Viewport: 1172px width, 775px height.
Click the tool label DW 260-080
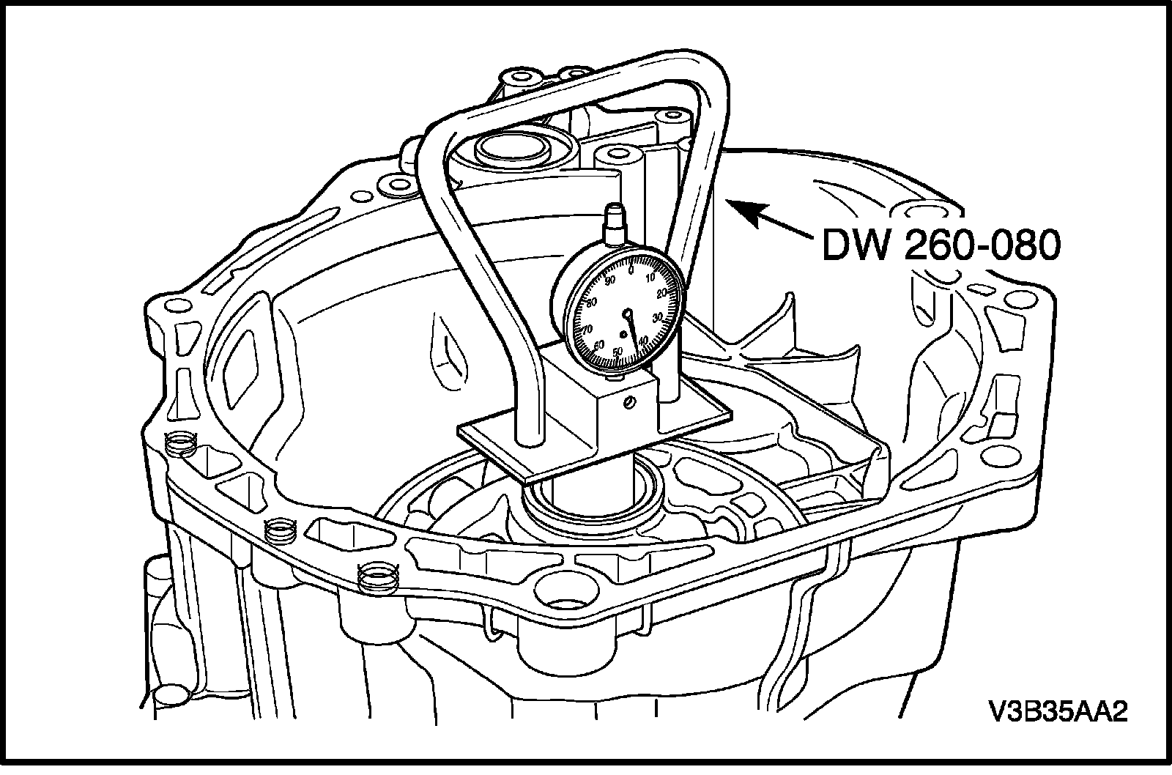click(x=941, y=245)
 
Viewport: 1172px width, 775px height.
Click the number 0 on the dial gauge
click(x=631, y=270)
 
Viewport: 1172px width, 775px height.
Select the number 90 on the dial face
click(x=609, y=281)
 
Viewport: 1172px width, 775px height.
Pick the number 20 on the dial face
click(x=661, y=293)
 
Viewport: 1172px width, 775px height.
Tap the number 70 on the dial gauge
click(x=587, y=329)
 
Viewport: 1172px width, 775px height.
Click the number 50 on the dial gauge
click(x=617, y=351)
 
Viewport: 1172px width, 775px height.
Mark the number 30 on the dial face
click(x=659, y=317)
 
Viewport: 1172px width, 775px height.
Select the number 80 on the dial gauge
click(x=592, y=303)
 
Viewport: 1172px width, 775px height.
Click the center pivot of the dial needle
click(x=627, y=314)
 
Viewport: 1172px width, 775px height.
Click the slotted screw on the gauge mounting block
click(x=629, y=402)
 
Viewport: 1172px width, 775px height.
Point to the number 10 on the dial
click(x=650, y=278)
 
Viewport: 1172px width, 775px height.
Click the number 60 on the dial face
click(x=599, y=345)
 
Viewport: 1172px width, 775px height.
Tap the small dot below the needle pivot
click(x=623, y=334)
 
